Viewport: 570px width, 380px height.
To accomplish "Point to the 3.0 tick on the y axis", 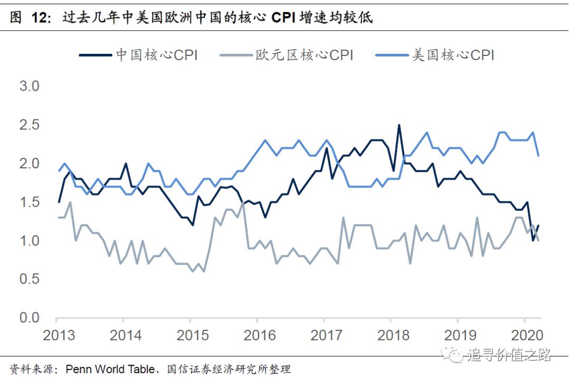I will (x=30, y=86).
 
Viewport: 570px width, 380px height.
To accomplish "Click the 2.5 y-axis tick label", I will (x=30, y=125).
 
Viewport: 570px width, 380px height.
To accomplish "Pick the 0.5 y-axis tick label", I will (x=30, y=279).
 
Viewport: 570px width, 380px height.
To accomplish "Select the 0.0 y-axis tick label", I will (x=30, y=317).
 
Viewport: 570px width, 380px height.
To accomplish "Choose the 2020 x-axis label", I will (x=527, y=336).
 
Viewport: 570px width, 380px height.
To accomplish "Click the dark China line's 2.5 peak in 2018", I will (x=399, y=125).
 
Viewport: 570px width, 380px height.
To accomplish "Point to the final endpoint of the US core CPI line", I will (x=538, y=155).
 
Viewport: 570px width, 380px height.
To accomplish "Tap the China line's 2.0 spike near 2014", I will (x=126, y=164).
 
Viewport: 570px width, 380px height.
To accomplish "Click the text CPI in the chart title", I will (x=283, y=17).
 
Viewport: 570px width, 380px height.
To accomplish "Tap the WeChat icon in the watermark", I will (x=452, y=355).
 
